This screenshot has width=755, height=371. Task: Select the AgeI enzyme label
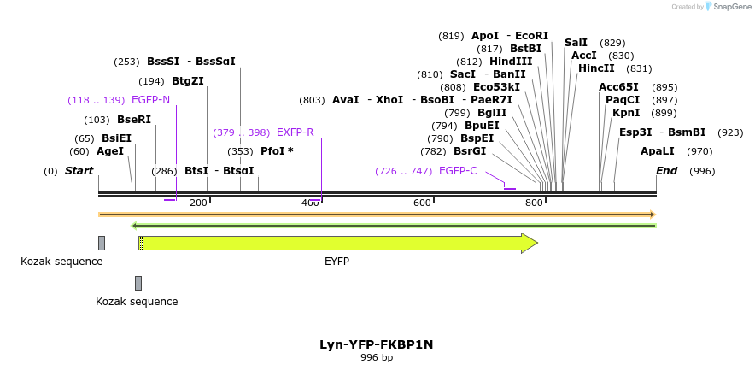tap(110, 151)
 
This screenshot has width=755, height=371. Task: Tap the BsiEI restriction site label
tap(116, 138)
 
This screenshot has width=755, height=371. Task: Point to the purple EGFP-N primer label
tap(150, 100)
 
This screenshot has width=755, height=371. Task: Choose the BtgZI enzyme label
tap(188, 81)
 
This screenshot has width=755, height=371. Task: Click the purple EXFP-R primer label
tap(296, 132)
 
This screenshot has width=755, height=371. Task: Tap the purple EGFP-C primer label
tap(458, 171)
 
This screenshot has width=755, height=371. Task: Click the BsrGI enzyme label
tap(470, 151)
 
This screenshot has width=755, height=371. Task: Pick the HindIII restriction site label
tap(511, 62)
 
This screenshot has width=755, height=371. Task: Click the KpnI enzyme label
tap(626, 113)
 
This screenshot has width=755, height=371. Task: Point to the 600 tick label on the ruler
tap(422, 203)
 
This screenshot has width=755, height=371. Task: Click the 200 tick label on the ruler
tap(198, 203)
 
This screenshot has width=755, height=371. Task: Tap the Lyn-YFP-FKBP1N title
tap(377, 344)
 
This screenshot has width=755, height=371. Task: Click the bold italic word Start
tap(79, 171)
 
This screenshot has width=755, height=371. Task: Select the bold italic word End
tap(666, 171)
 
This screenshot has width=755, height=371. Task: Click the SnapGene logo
tap(727, 7)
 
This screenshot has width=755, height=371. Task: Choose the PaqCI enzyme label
tap(623, 100)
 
